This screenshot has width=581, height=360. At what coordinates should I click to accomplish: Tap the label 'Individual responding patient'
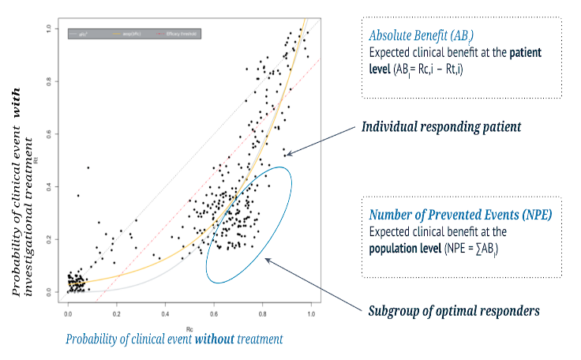pyautogui.click(x=440, y=126)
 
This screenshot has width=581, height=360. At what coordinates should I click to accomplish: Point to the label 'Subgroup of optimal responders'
pyautogui.click(x=454, y=310)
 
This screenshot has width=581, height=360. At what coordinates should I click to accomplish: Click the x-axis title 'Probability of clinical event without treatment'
pyautogui.click(x=174, y=339)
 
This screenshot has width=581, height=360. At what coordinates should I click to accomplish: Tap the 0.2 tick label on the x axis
pyautogui.click(x=116, y=314)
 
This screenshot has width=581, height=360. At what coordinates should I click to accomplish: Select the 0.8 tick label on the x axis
pyautogui.click(x=262, y=314)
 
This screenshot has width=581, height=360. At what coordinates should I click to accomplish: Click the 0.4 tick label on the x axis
pyautogui.click(x=165, y=314)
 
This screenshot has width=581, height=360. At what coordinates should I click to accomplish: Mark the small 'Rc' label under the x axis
pyautogui.click(x=189, y=327)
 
